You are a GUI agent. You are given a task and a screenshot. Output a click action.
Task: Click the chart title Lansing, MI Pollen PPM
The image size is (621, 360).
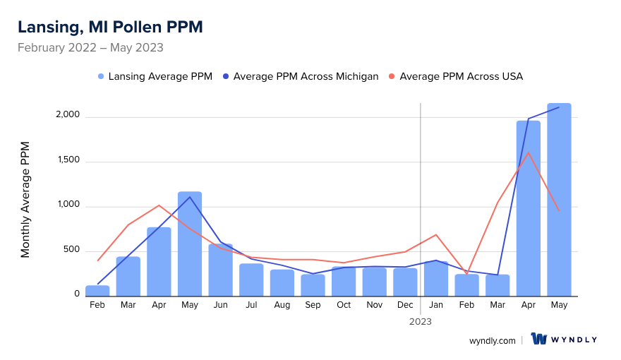coord(110,28)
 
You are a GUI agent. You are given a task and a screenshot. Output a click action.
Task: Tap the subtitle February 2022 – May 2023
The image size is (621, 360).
coord(90,48)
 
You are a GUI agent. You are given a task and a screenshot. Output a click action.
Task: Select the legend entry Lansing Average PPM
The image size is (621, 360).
coord(155,76)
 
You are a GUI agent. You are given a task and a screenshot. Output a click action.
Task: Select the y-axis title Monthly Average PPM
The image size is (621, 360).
coord(25,199)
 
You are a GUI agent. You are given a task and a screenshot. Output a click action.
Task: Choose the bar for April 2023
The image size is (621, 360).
coord(528,208)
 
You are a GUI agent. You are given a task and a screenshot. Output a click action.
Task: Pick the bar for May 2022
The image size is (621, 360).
coord(190,244)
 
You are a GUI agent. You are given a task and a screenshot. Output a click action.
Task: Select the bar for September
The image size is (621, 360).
coord(313,284)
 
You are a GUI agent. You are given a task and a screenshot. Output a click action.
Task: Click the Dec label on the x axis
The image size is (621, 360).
coord(405,305)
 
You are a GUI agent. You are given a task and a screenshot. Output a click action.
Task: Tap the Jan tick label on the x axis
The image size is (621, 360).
coord(436,305)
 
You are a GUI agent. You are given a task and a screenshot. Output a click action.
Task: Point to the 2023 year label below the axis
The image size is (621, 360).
coord(421,321)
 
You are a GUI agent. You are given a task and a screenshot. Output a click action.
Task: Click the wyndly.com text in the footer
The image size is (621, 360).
coord(493,340)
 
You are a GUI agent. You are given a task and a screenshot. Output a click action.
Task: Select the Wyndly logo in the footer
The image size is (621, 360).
coord(564,340)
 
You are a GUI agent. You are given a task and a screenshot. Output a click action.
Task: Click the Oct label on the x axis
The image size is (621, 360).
coord(344,305)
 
